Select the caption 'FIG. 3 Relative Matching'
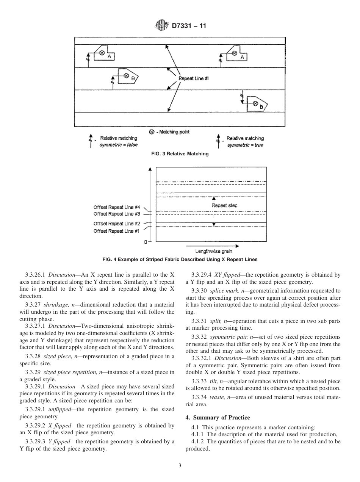coord(180,154)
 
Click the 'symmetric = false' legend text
coord(119,145)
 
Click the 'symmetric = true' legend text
coord(245,145)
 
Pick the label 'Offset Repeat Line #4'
coord(117,207)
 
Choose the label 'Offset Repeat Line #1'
coord(117,231)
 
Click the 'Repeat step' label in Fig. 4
coord(225,205)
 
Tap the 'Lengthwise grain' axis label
coord(214,251)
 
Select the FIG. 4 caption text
coord(180,260)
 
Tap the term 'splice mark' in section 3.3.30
coord(223,291)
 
